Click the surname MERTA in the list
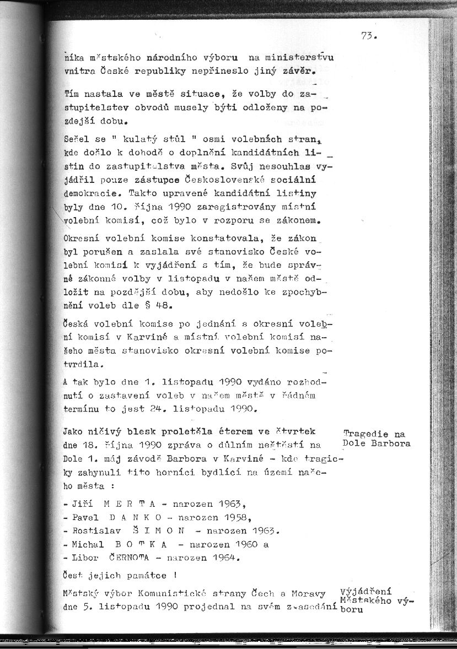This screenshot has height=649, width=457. pos(122,504)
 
